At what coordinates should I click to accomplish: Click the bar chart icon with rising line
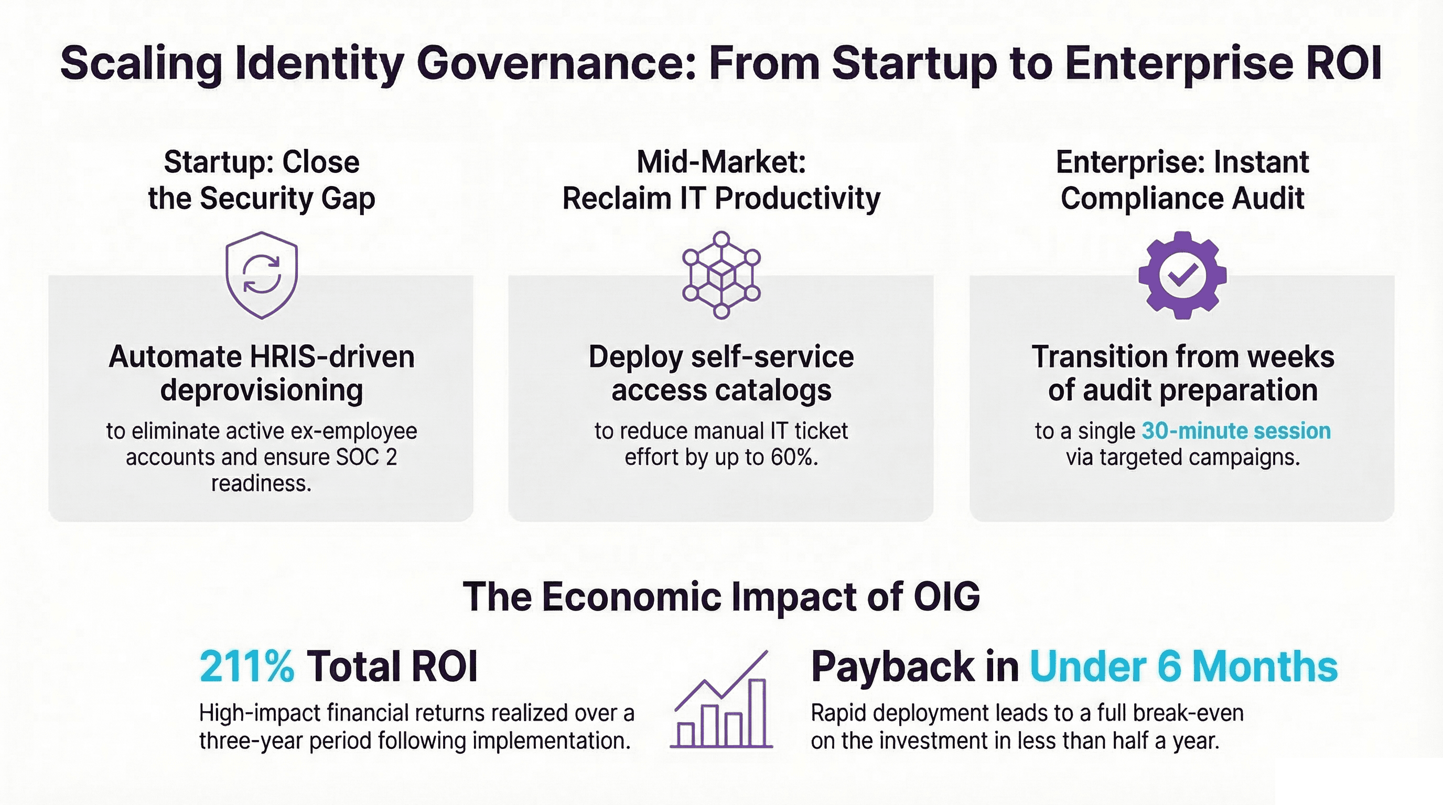721,700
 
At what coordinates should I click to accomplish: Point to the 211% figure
246,666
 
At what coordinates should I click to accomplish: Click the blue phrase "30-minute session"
1236,431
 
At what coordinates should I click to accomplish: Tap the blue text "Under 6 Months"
1183,666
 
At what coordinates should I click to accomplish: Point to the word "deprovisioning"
261,390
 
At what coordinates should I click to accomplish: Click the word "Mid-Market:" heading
721,162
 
